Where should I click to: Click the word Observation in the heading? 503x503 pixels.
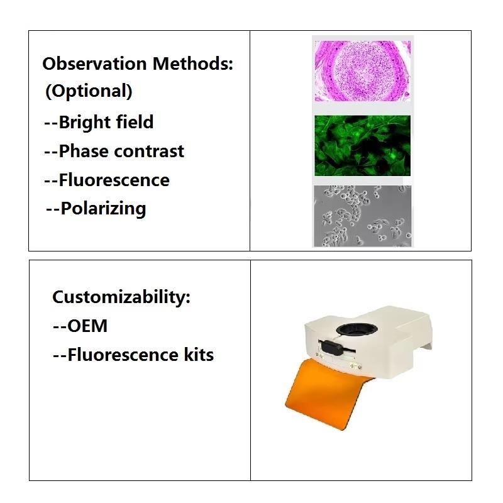[x=95, y=64]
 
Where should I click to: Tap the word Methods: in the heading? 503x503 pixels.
[x=193, y=64]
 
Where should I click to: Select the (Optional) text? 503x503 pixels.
[x=89, y=91]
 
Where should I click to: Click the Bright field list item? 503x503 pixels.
[x=99, y=122]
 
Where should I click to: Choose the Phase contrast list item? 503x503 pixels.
[x=114, y=151]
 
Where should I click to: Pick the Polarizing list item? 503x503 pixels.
[x=96, y=209]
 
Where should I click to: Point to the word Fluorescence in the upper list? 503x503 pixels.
[x=114, y=180]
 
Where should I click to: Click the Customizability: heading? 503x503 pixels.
[x=121, y=297]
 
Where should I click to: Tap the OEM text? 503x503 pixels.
[x=80, y=326]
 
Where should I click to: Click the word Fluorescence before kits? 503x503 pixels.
[x=123, y=355]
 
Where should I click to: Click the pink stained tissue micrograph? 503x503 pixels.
[x=363, y=71]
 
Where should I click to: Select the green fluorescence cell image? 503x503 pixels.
[x=363, y=146]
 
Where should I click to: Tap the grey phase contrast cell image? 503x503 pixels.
[x=363, y=216]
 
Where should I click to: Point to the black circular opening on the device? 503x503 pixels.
[x=357, y=329]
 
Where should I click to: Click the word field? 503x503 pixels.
[x=135, y=122]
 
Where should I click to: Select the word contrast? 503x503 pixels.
[x=149, y=151]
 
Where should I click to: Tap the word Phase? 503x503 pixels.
[x=84, y=151]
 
